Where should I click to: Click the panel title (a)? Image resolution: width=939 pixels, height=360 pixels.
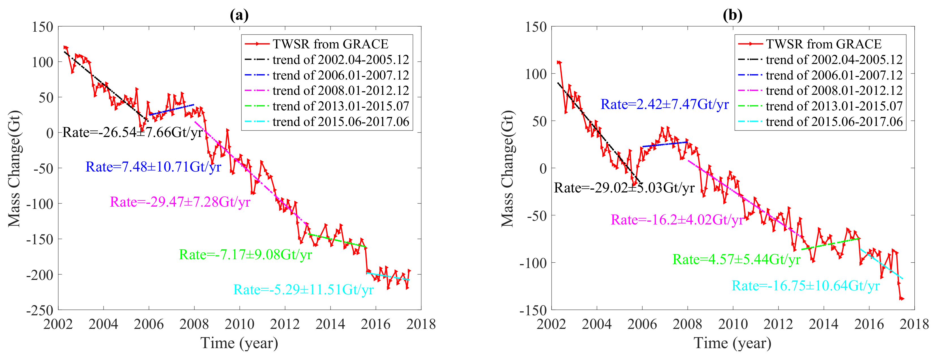pyautogui.click(x=239, y=15)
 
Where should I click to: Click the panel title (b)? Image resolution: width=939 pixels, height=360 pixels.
pyautogui.click(x=732, y=15)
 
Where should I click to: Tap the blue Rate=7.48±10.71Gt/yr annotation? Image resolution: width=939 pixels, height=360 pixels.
pyautogui.click(x=153, y=167)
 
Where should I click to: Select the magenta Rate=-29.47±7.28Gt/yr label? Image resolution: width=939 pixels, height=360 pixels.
pyautogui.click(x=180, y=202)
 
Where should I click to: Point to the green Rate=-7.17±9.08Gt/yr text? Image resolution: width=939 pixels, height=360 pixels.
pyautogui.click(x=245, y=255)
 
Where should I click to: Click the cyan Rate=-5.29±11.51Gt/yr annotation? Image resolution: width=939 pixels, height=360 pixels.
pyautogui.click(x=303, y=290)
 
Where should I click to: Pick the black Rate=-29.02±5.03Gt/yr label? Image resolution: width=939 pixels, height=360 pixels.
pyautogui.click(x=624, y=188)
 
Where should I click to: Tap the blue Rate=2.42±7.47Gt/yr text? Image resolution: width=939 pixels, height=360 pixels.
pyautogui.click(x=664, y=104)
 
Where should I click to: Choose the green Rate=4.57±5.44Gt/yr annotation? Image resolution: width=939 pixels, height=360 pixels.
pyautogui.click(x=736, y=260)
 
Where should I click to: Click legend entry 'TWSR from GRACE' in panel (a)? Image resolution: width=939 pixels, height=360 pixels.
pyautogui.click(x=330, y=44)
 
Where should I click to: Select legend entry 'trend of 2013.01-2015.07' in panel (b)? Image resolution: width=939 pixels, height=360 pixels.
pyautogui.click(x=834, y=106)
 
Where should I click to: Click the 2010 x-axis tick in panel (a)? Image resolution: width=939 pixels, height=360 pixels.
pyautogui.click(x=239, y=324)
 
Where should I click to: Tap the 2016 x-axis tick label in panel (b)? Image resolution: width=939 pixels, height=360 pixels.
pyautogui.click(x=869, y=324)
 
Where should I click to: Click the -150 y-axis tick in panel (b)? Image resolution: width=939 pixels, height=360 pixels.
pyautogui.click(x=533, y=310)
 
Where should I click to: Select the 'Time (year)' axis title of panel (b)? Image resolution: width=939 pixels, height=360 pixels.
pyautogui.click(x=732, y=343)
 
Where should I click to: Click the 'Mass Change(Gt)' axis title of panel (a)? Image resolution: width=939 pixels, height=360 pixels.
pyautogui.click(x=15, y=168)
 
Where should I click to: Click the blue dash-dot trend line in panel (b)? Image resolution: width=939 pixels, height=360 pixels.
pyautogui.click(x=665, y=144)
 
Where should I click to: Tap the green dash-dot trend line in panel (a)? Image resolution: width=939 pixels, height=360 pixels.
pyautogui.click(x=337, y=241)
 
